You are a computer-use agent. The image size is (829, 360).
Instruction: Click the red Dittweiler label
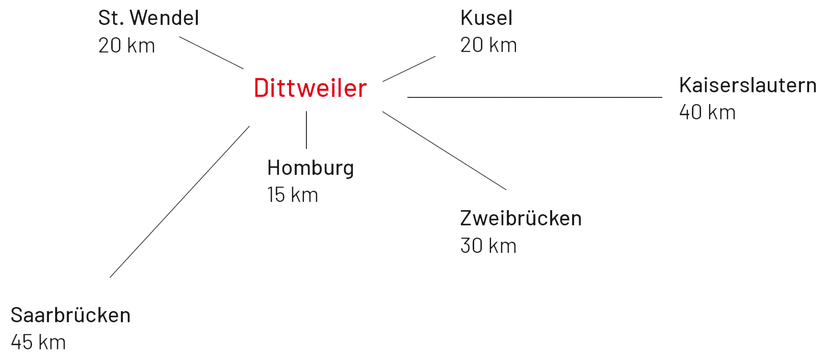pyautogui.click(x=310, y=88)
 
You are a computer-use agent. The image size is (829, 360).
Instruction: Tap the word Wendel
pyautogui.click(x=164, y=18)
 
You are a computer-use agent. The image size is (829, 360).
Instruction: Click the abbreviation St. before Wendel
pyautogui.click(x=111, y=18)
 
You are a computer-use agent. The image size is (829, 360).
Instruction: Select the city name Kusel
pyautogui.click(x=486, y=18)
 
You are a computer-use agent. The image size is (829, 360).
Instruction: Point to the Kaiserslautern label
pyautogui.click(x=747, y=85)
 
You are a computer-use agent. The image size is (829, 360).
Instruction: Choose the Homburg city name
pyautogui.click(x=310, y=168)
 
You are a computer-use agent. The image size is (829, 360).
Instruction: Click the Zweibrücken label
pyautogui.click(x=521, y=218)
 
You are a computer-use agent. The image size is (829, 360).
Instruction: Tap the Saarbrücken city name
pyautogui.click(x=70, y=315)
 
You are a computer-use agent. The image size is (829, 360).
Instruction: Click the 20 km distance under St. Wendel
pyautogui.click(x=126, y=46)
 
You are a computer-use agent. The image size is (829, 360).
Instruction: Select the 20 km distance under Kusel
pyautogui.click(x=488, y=45)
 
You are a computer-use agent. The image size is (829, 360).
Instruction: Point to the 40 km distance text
pyautogui.click(x=707, y=113)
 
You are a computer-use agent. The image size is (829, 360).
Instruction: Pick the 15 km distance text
pyautogui.click(x=292, y=195)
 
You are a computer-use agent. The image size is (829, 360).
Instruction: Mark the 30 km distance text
pyautogui.click(x=488, y=246)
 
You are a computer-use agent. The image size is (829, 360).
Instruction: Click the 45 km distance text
pyautogui.click(x=38, y=343)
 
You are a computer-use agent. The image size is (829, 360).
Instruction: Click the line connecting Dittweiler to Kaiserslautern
pyautogui.click(x=534, y=97)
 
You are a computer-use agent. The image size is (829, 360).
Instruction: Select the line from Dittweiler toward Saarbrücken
pyautogui.click(x=179, y=202)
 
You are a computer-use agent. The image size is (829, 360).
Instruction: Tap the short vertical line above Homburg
pyautogui.click(x=306, y=130)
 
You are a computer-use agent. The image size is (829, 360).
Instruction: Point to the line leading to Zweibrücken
pyautogui.click(x=444, y=150)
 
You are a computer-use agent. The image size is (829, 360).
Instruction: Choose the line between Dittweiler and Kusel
pyautogui.click(x=409, y=69)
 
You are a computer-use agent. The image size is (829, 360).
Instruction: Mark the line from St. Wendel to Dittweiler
pyautogui.click(x=211, y=53)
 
